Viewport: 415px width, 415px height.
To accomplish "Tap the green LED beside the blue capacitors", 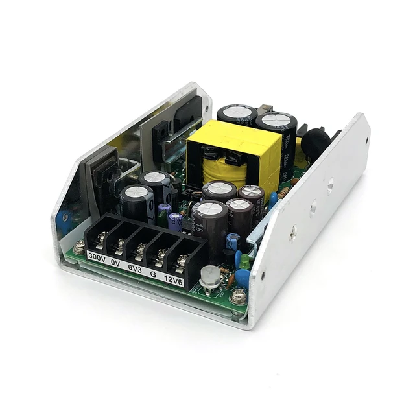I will point(244,261).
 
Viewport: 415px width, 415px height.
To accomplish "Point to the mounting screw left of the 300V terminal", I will point(79,247).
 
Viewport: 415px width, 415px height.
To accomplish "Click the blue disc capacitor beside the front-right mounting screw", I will point(242,278).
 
